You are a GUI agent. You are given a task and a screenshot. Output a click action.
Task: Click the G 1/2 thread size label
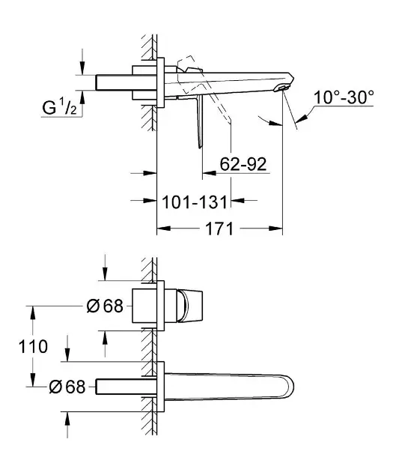click(x=60, y=107)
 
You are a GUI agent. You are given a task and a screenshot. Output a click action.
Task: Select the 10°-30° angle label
click(x=344, y=97)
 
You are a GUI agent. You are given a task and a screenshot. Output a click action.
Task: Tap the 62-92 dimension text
click(x=243, y=164)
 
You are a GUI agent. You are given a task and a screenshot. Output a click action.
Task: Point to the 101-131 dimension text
click(x=195, y=202)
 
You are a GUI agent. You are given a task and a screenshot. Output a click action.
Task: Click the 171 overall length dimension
click(x=219, y=229)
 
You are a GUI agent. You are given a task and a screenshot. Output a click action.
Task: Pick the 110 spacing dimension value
click(x=33, y=346)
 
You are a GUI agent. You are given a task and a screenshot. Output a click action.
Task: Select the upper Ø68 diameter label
click(x=105, y=306)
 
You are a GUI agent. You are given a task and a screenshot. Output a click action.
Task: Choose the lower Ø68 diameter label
click(x=67, y=387)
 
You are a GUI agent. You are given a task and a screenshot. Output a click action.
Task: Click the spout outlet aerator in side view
click(x=281, y=88)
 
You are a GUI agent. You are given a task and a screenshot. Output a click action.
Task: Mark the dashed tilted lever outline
click(x=204, y=91)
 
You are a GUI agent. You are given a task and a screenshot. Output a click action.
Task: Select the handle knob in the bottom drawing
click(x=189, y=306)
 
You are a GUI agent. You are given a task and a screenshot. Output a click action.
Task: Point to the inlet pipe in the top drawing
click(x=115, y=82)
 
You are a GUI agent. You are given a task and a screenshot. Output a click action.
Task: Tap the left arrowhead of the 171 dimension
click(x=164, y=229)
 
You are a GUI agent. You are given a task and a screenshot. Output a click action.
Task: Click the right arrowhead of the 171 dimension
click(x=275, y=229)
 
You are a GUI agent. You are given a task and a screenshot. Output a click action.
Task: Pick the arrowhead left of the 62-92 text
click(x=210, y=173)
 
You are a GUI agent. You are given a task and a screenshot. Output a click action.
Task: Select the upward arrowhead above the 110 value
click(x=33, y=313)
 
